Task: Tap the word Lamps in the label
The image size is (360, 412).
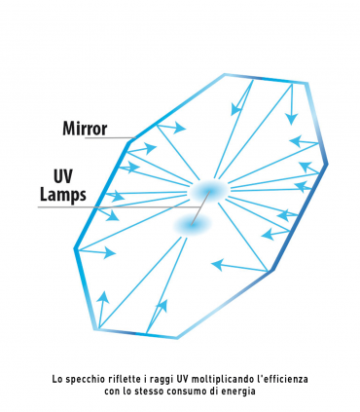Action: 63,194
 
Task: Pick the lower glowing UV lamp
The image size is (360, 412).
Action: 191,225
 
